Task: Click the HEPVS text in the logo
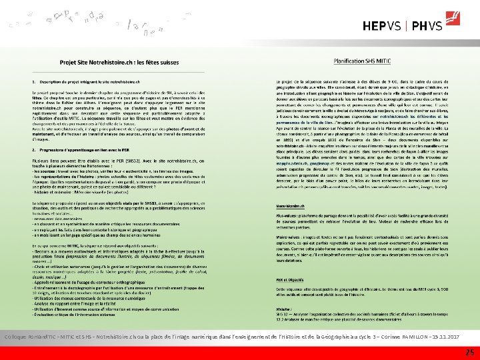pos(383,27)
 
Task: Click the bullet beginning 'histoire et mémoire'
pos(67,189)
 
